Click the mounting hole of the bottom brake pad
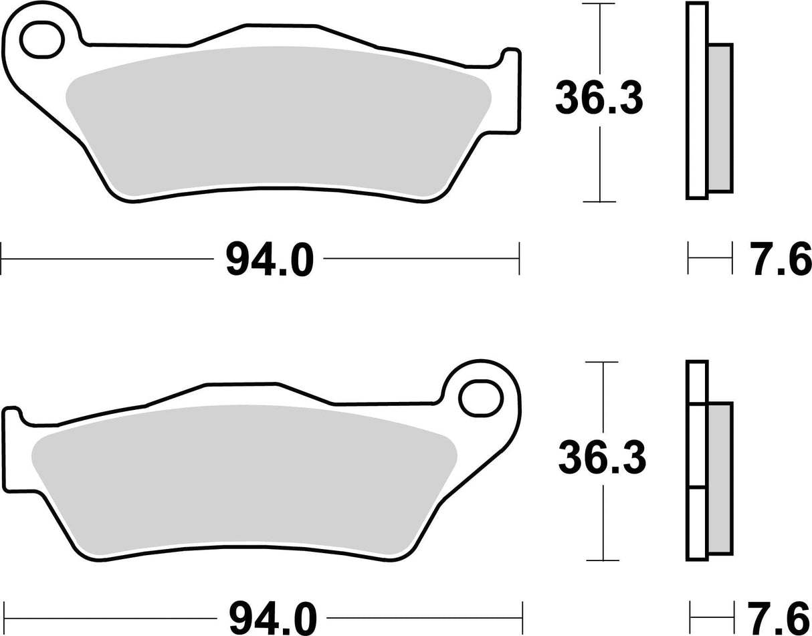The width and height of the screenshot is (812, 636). pyautogui.click(x=480, y=398)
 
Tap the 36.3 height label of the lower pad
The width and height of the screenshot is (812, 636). pyautogui.click(x=602, y=459)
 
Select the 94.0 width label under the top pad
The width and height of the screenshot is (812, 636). pyautogui.click(x=269, y=259)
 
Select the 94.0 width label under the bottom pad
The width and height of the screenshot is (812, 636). pyautogui.click(x=272, y=619)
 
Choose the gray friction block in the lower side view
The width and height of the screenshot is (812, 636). pyautogui.click(x=720, y=478)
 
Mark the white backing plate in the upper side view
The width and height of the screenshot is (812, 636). pyautogui.click(x=696, y=100)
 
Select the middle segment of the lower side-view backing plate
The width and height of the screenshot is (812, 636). pyautogui.click(x=696, y=445)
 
